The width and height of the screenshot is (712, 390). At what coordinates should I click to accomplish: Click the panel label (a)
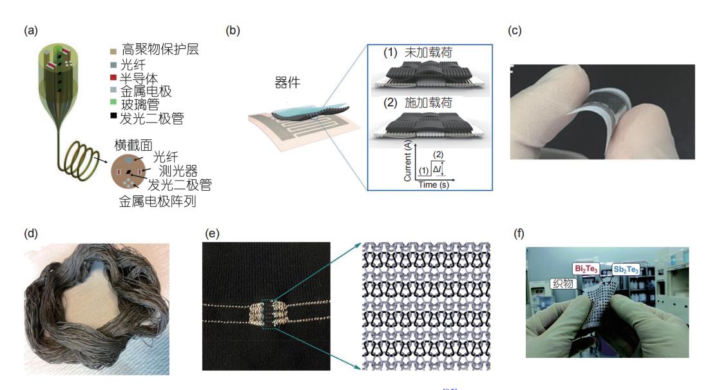pyautogui.click(x=30, y=31)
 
